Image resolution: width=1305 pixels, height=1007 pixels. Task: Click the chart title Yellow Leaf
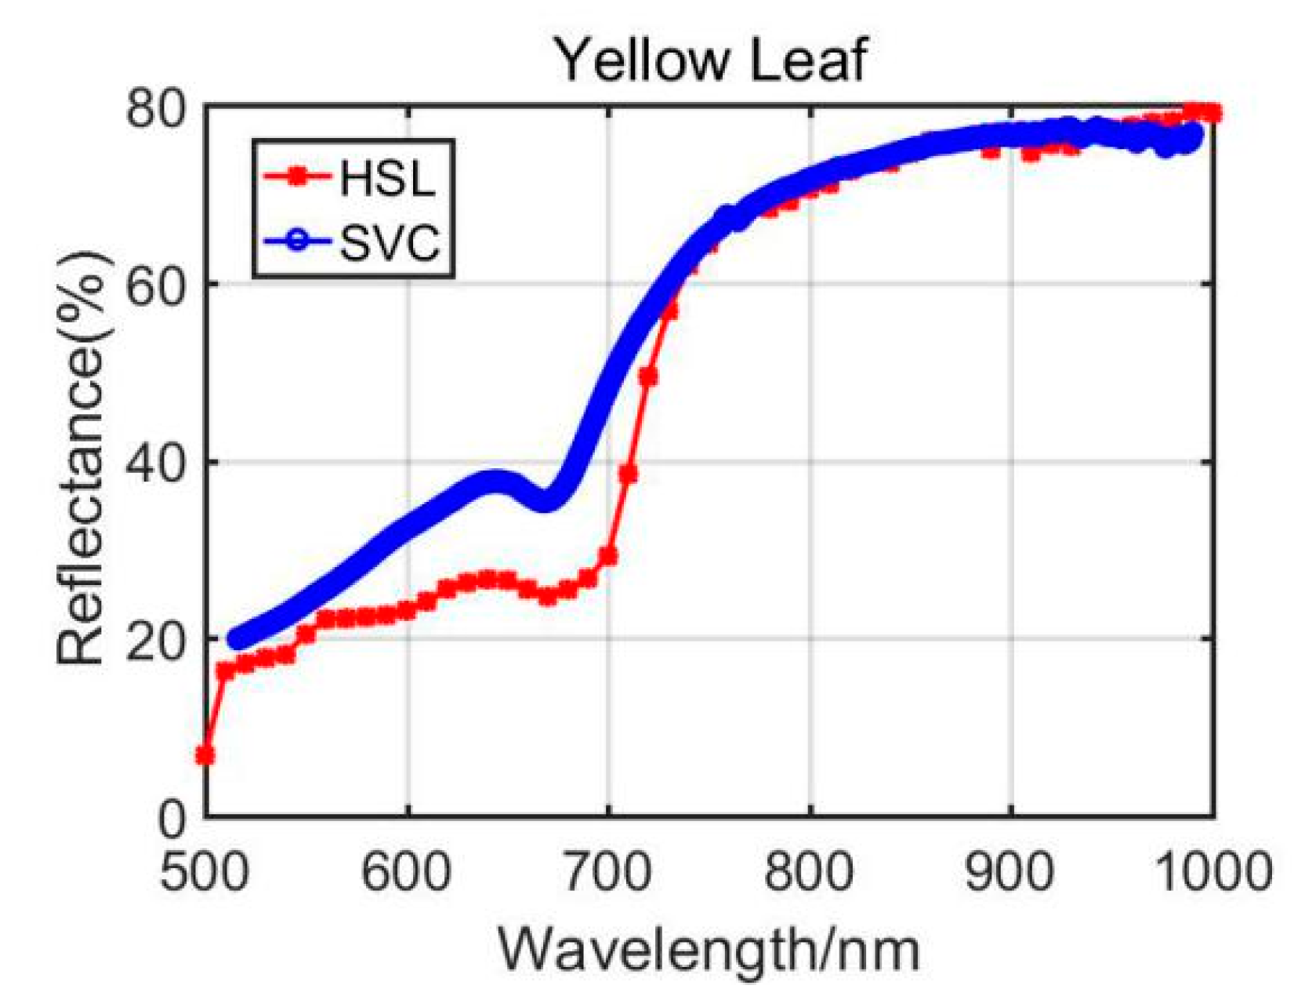711,60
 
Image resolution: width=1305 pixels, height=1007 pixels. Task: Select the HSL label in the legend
386,178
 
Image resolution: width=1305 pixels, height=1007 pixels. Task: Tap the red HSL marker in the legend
296,177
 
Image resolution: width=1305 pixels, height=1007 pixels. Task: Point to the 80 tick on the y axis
157,107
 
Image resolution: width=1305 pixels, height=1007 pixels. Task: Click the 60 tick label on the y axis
157,285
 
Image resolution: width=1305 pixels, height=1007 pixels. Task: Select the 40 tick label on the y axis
157,462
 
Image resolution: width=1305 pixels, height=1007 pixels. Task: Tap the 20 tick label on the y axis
157,639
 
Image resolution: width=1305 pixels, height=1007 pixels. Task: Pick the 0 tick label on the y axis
172,818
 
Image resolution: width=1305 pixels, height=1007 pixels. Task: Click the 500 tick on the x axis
205,871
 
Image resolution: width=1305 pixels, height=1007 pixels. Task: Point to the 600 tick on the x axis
406,871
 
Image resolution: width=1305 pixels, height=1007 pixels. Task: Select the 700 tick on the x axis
607,871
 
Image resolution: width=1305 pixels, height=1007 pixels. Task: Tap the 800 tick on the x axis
809,871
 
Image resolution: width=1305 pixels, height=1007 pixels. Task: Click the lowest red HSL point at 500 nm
205,755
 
